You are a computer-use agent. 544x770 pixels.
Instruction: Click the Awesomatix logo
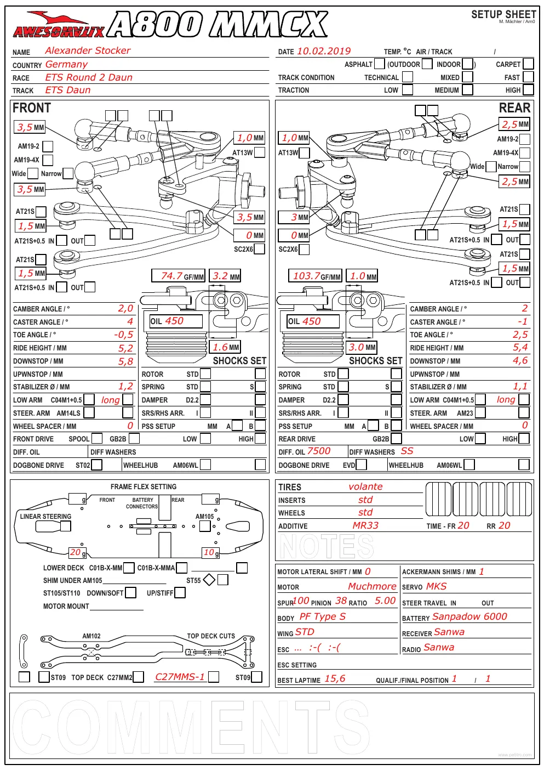[x=59, y=25]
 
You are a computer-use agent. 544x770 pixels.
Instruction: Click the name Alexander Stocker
[x=88, y=50]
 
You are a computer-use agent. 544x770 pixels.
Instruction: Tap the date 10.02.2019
[x=324, y=51]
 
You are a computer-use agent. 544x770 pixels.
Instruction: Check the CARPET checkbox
[x=528, y=64]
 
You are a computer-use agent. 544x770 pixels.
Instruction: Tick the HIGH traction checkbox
[x=528, y=90]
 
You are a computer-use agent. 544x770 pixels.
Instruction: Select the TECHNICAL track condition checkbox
[x=407, y=77]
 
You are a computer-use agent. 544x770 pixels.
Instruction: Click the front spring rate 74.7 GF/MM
[x=178, y=276]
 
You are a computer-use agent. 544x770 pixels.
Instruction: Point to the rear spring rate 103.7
[x=306, y=276]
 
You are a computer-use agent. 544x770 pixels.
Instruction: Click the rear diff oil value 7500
[x=319, y=451]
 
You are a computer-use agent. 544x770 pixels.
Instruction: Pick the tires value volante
[x=365, y=486]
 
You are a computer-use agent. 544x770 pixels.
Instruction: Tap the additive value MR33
[x=365, y=525]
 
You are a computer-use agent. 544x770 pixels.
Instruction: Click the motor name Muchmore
[x=373, y=586]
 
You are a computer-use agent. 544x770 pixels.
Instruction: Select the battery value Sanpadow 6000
[x=469, y=616]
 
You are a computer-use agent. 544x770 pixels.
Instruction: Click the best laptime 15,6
[x=335, y=678]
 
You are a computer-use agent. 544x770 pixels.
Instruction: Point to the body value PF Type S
[x=323, y=616]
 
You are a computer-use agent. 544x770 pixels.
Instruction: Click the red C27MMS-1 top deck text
[x=180, y=677]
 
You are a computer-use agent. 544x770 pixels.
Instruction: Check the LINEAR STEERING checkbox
[x=66, y=526]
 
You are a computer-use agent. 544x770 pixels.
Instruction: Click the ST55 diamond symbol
[x=209, y=580]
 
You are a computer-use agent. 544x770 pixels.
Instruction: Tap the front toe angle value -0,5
[x=124, y=335]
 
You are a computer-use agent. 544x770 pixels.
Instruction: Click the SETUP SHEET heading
[x=503, y=14]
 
